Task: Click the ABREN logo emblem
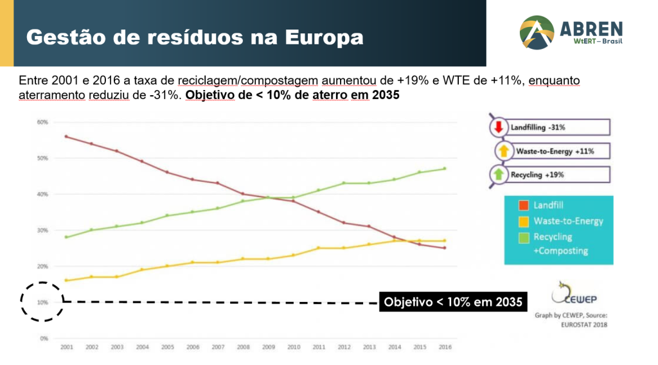point(537,33)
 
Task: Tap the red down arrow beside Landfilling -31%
point(498,127)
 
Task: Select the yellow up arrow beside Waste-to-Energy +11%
point(504,151)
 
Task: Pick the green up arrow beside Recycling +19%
point(499,174)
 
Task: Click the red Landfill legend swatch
point(524,206)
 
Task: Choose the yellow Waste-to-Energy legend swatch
point(524,222)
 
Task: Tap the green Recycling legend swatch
point(524,237)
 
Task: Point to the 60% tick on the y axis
point(42,121)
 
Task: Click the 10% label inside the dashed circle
point(42,302)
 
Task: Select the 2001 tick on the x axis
point(66,347)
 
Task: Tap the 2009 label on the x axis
point(269,347)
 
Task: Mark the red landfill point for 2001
point(66,136)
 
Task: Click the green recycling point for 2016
point(445,168)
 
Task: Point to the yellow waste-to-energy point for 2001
point(66,280)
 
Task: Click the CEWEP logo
point(567,295)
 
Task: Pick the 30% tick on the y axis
point(42,230)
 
